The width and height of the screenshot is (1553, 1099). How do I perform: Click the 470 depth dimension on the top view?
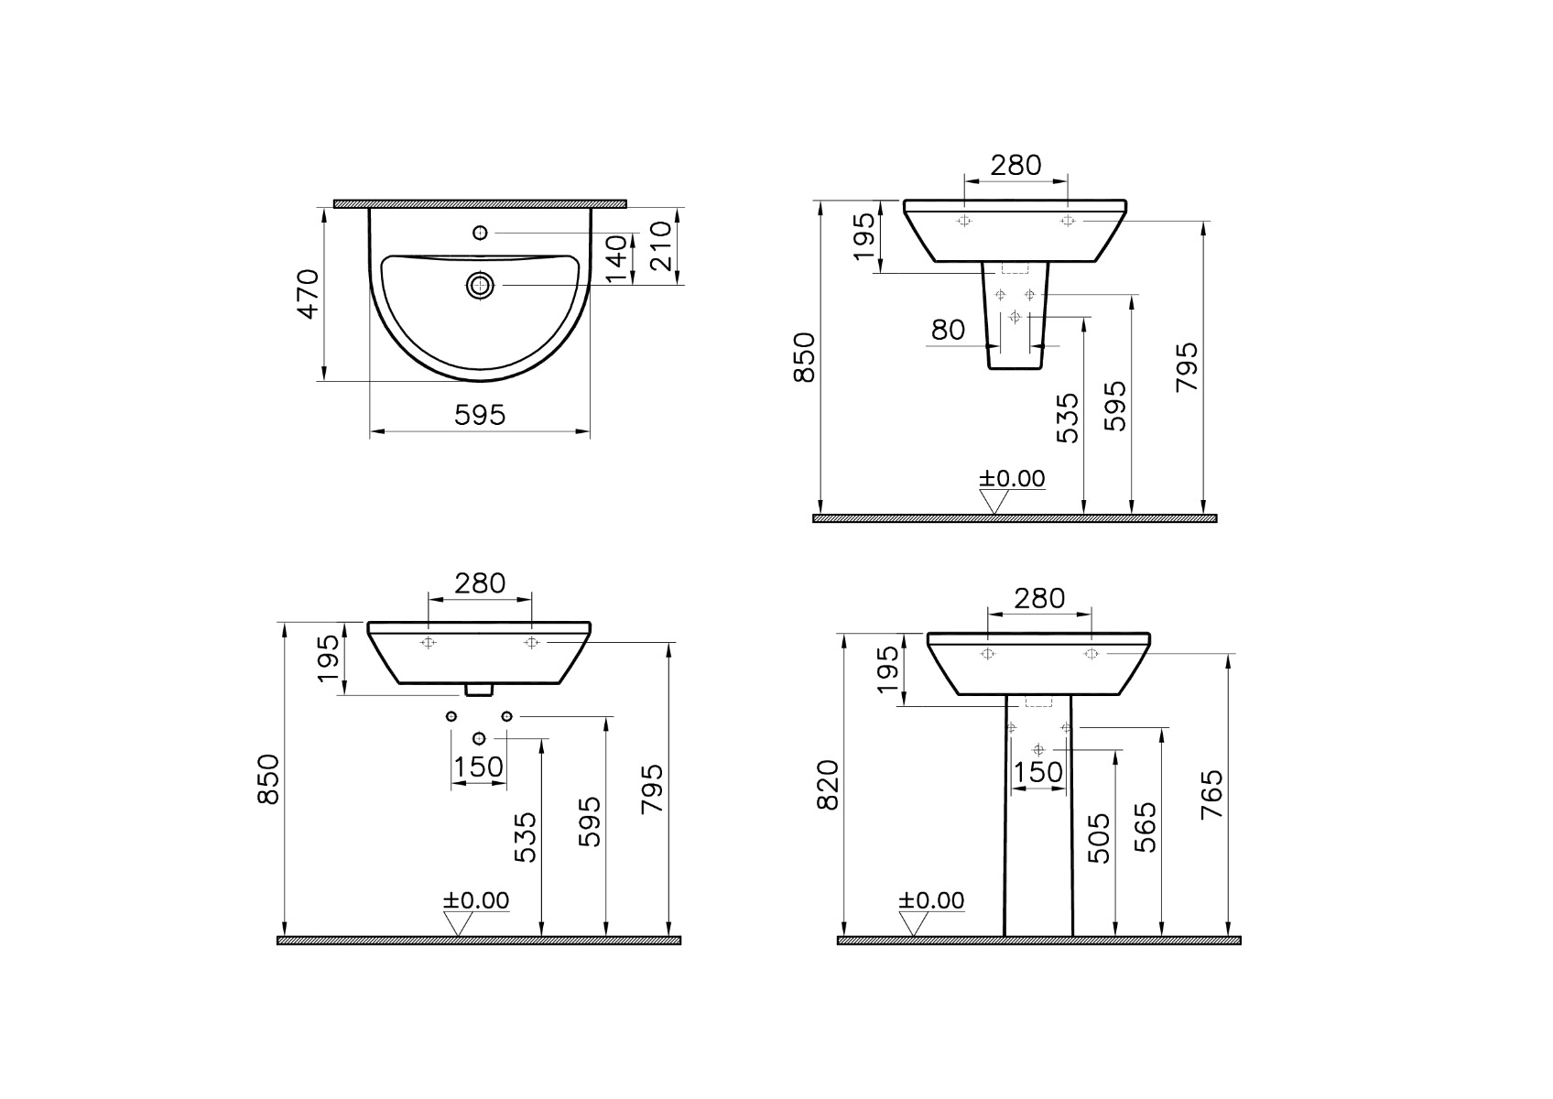pos(309,294)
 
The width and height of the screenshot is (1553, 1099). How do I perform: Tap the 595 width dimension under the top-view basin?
pos(480,416)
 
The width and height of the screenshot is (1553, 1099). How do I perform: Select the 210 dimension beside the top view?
pos(662,245)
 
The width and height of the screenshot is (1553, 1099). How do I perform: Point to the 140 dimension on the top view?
pos(616,259)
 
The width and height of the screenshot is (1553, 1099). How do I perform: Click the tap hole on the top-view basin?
pos(480,233)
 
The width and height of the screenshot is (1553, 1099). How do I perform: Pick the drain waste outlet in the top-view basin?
pos(480,285)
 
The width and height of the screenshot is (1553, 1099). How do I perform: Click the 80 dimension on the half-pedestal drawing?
pos(948,330)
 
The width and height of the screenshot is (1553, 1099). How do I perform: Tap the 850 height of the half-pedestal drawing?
pos(805,357)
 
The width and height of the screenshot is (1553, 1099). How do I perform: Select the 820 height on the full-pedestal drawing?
pos(828,785)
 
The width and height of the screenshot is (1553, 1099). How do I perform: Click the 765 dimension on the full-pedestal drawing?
pos(1211,795)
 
